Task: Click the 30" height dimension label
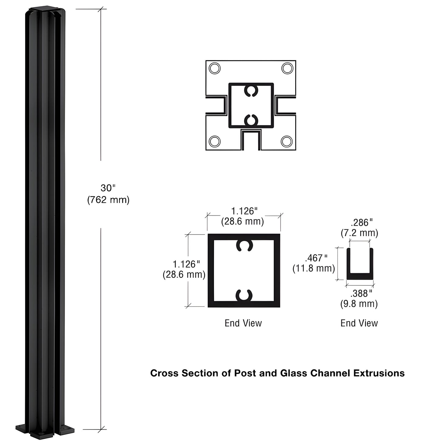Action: pos(108,188)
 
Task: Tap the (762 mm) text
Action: pos(108,200)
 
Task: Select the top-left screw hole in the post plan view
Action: pos(214,68)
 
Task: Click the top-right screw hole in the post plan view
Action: pos(287,68)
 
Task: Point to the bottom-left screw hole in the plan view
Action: pos(214,141)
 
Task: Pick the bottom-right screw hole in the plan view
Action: pos(287,141)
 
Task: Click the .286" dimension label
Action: pos(362,222)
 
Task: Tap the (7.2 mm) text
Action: pos(359,233)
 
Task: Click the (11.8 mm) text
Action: pos(314,269)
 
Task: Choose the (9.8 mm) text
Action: pos(359,304)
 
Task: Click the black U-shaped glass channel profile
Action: pos(360,276)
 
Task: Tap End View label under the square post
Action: pos(243,323)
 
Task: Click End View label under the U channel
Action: pos(359,323)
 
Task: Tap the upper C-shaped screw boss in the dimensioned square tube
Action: pos(244,246)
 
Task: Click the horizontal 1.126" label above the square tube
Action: pos(244,211)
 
